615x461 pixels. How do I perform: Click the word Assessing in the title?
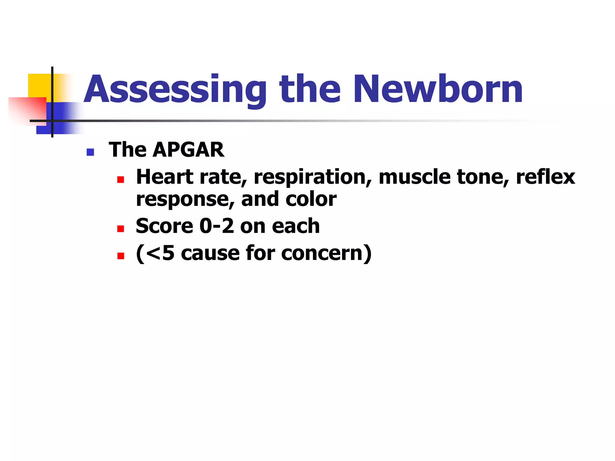[175, 89]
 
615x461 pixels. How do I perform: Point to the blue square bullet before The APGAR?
[90, 152]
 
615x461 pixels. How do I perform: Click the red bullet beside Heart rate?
[121, 180]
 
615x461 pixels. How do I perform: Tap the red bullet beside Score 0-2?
[121, 229]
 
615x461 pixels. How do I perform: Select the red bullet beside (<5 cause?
[121, 256]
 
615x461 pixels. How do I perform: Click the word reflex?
[545, 177]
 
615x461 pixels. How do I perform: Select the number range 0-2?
[217, 226]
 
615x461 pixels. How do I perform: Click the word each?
[295, 226]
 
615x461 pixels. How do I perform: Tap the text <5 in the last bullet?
[159, 253]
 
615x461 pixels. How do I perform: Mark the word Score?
[164, 226]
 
